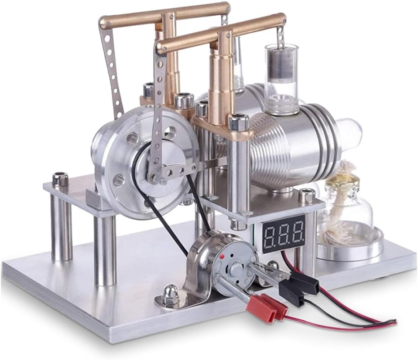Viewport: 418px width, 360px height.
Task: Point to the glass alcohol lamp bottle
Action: (x=349, y=211)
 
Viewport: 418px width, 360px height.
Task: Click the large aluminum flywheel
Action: (x=145, y=163)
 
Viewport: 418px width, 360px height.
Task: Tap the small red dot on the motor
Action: (x=221, y=257)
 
